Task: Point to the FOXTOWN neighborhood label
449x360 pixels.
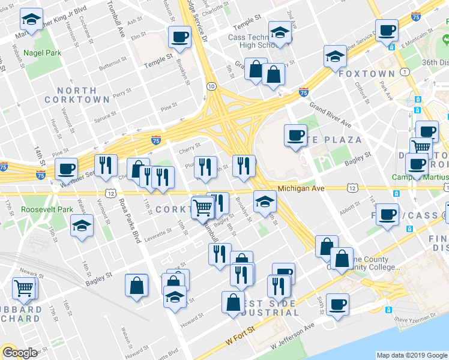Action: coord(367,74)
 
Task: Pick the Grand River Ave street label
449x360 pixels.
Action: coord(330,114)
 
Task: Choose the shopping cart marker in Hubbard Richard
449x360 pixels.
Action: coord(25,287)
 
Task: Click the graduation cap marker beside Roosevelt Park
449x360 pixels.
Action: coord(82,227)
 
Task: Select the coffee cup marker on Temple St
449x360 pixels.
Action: coord(179,37)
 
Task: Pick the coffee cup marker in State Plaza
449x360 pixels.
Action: coord(295,135)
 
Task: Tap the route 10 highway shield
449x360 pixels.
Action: coord(211,86)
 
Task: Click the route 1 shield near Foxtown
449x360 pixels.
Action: coord(406,72)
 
